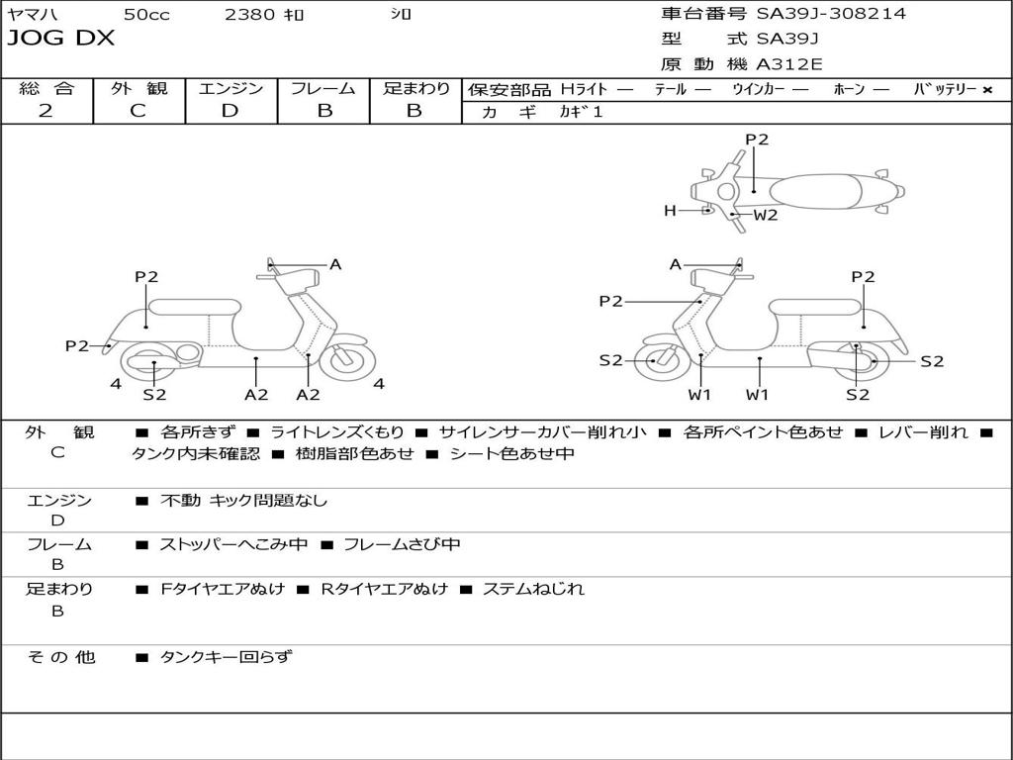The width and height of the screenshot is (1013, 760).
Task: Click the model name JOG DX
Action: [61, 39]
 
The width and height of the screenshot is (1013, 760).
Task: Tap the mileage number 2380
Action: [250, 14]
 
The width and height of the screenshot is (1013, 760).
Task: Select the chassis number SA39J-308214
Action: [831, 14]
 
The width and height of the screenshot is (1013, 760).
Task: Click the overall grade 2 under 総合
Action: [46, 111]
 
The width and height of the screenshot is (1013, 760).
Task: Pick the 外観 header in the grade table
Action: [138, 88]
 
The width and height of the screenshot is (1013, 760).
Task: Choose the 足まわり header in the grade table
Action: [415, 88]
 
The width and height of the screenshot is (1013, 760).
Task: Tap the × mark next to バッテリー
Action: [987, 90]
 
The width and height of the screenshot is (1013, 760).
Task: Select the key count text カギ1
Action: [581, 112]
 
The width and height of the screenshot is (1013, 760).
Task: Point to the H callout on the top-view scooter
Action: [670, 211]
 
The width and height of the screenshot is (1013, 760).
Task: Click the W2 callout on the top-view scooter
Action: [766, 215]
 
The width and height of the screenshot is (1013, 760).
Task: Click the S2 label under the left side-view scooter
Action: [154, 394]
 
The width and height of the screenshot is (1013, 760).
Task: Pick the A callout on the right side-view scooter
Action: [676, 264]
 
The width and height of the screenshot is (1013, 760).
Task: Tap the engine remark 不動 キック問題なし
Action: [243, 501]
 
